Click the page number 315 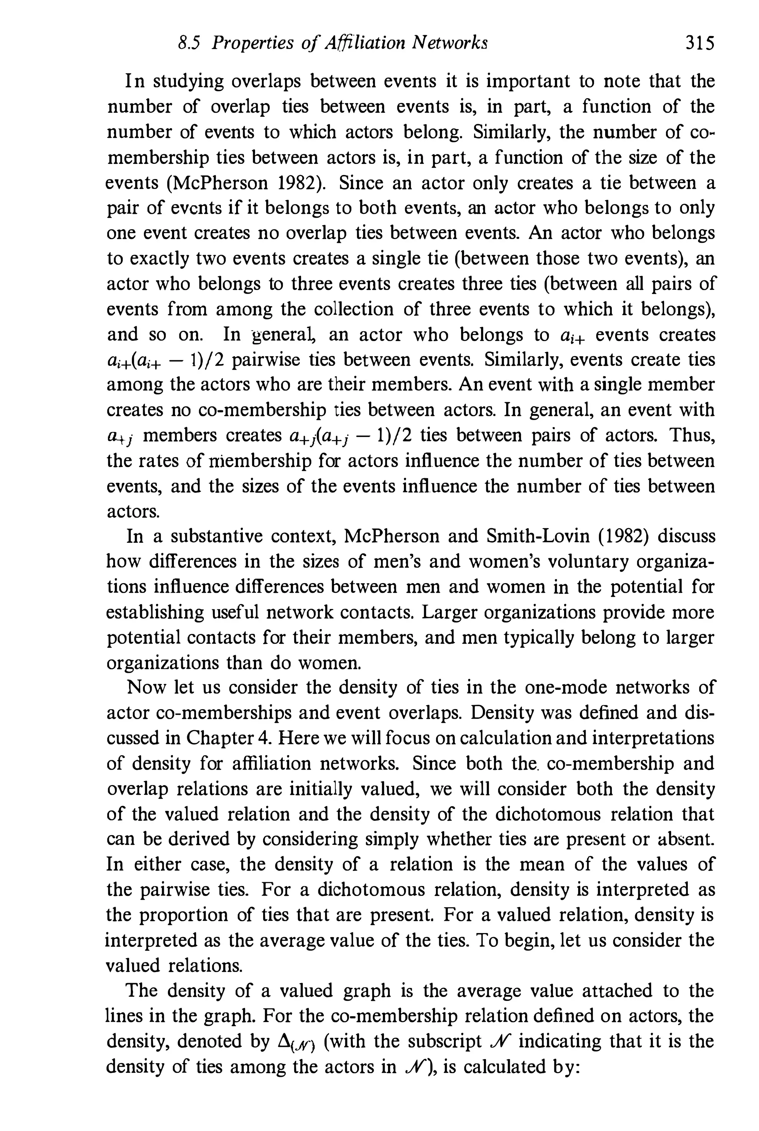[699, 44]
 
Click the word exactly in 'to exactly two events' [156, 259]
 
